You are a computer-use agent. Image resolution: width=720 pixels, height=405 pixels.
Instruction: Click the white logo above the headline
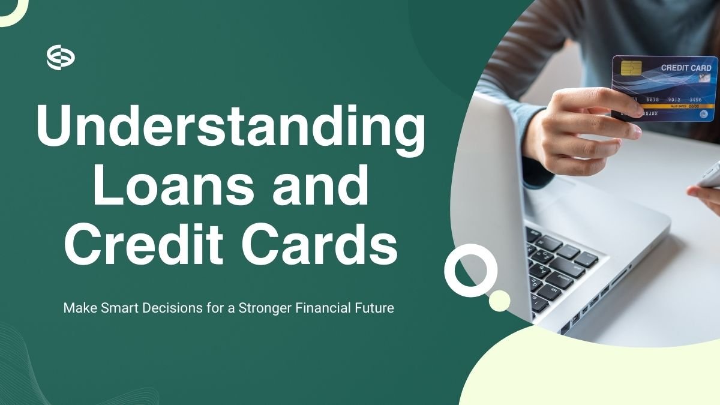tap(61, 58)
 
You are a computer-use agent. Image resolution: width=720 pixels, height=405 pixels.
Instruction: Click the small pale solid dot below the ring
tap(499, 301)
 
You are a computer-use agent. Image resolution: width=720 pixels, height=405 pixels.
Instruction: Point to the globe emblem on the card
tap(703, 114)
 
